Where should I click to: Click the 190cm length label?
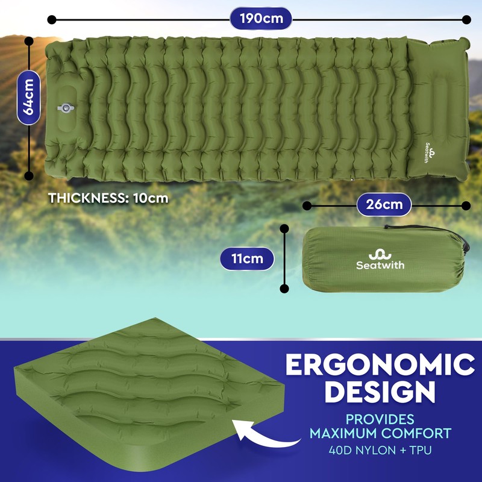pos(260,19)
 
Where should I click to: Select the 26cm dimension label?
pos(384,205)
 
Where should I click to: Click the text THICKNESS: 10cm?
pos(108,198)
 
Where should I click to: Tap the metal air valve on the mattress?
pos(64,108)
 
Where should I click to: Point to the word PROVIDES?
pos(380,419)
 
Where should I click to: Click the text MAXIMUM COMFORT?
pos(380,433)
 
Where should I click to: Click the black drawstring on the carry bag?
pos(461,238)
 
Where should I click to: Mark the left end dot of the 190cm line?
pos(52,19)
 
